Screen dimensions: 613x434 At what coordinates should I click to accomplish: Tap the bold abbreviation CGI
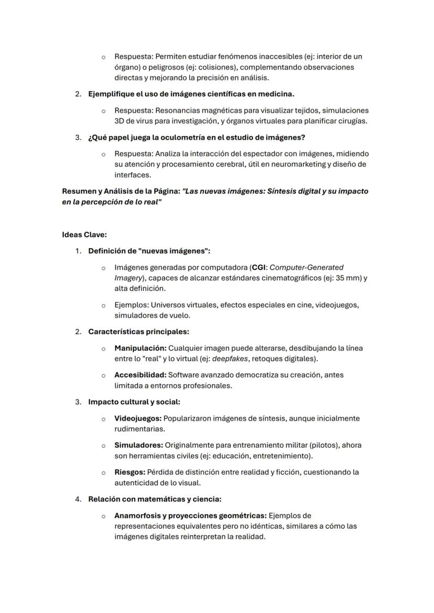(259, 268)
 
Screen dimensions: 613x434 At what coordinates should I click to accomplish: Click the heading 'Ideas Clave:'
(84, 235)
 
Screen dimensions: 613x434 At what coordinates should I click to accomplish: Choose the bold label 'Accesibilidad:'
(140, 375)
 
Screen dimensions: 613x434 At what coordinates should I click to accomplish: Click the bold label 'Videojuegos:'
(138, 419)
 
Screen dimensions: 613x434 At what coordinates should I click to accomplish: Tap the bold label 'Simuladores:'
(138, 445)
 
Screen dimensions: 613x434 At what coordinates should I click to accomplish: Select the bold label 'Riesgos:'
(129, 472)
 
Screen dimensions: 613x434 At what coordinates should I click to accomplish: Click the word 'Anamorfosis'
(137, 516)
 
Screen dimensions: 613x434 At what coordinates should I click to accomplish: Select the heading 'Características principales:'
(138, 332)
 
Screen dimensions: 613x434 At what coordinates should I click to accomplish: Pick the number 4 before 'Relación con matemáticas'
(78, 499)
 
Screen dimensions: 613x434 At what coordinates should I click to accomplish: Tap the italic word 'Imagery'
(126, 278)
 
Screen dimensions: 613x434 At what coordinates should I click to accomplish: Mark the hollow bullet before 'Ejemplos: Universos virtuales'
(103, 305)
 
